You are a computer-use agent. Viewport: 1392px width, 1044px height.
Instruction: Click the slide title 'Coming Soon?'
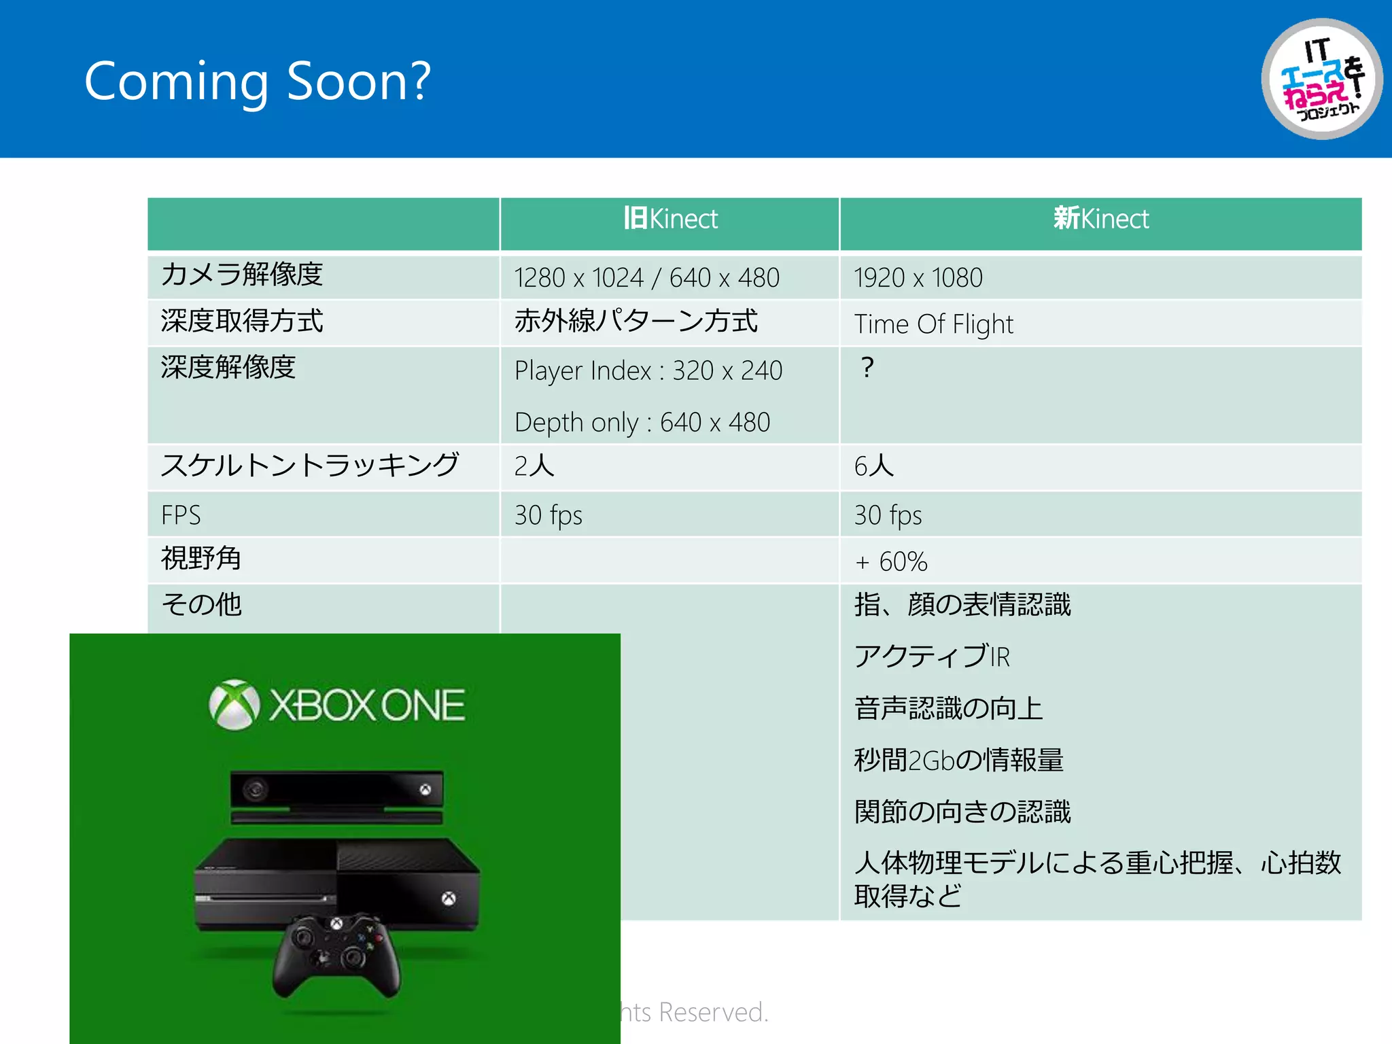click(257, 82)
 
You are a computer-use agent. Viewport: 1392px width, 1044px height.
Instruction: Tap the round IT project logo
click(1321, 79)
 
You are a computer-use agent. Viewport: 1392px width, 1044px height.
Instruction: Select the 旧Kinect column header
click(670, 219)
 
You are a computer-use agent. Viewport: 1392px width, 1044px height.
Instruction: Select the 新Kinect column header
click(1100, 219)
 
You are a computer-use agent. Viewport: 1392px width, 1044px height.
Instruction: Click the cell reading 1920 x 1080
click(918, 278)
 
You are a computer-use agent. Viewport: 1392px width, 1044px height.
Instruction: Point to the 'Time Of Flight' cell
click(933, 324)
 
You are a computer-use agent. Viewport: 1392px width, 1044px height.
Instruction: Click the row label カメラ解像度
click(241, 275)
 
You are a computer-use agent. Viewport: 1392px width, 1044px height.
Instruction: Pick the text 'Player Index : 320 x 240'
click(648, 371)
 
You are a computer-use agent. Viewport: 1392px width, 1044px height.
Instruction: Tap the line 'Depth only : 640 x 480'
click(642, 423)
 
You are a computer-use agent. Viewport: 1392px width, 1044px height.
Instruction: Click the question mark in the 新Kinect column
click(867, 368)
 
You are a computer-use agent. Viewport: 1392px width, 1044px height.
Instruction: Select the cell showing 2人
click(534, 466)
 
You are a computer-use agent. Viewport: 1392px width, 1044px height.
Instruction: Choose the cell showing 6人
click(874, 466)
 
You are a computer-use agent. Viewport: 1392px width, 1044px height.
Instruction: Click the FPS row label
click(181, 515)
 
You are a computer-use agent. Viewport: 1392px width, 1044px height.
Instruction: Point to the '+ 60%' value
click(891, 562)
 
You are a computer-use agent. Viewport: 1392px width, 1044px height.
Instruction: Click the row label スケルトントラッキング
click(310, 466)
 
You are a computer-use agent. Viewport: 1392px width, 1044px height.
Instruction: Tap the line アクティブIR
click(932, 657)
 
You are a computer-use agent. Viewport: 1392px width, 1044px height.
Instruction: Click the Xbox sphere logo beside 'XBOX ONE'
click(234, 705)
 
